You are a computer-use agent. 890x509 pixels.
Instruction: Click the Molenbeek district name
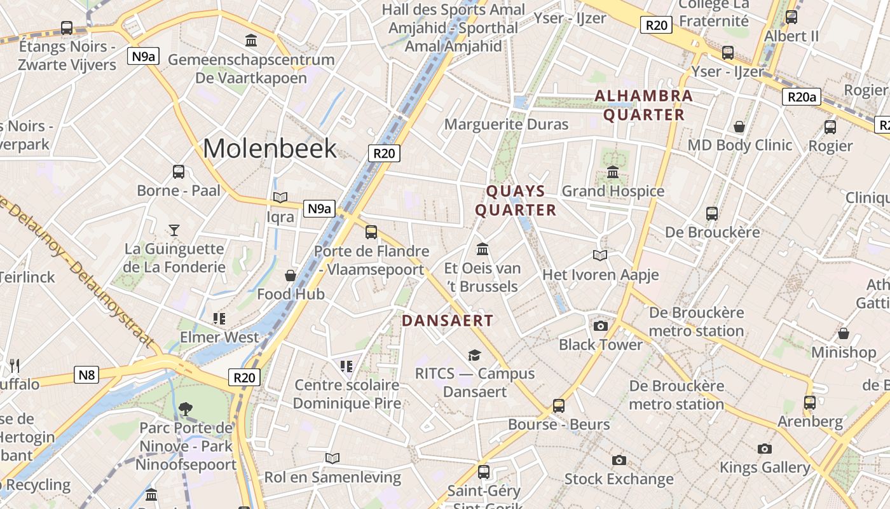click(270, 148)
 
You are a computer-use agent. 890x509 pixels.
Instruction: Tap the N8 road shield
click(86, 375)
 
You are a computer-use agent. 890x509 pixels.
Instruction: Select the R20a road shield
click(801, 97)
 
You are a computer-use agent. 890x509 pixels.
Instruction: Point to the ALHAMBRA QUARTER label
click(643, 106)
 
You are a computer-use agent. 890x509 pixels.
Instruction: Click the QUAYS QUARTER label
click(516, 200)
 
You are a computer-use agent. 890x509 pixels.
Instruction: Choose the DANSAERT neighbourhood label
click(448, 321)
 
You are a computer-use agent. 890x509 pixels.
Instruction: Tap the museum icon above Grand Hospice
click(613, 172)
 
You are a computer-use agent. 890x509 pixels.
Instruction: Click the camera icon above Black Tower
click(600, 326)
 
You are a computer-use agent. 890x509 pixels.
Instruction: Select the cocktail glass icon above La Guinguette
click(174, 230)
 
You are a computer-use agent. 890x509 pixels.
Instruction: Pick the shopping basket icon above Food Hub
click(291, 275)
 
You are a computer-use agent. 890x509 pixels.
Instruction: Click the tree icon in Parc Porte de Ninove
click(186, 408)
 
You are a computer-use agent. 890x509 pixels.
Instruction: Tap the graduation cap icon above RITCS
click(474, 355)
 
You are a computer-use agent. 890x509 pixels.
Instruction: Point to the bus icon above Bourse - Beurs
click(559, 405)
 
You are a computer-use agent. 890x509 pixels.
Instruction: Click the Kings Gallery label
click(765, 468)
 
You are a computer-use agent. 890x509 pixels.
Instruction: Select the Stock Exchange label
click(619, 478)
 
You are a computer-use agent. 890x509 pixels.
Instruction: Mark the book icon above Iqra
click(280, 198)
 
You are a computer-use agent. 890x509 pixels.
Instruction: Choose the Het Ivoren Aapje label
click(600, 275)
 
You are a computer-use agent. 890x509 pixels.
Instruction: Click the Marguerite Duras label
click(506, 124)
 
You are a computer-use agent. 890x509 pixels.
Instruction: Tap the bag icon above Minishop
click(844, 333)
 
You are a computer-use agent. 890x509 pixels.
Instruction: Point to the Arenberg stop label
click(810, 421)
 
